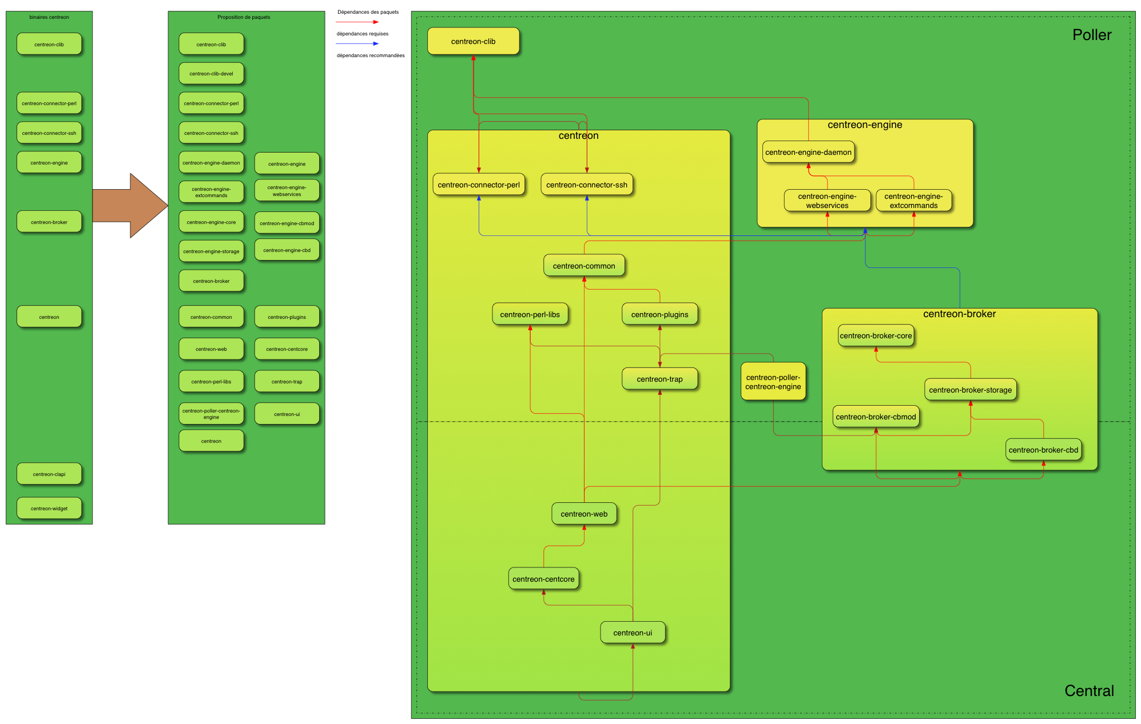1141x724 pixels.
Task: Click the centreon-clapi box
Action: tap(49, 474)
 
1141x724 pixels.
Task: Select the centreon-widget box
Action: tap(49, 508)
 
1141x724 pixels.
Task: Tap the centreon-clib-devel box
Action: tap(211, 74)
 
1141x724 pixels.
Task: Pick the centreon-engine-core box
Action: tap(211, 222)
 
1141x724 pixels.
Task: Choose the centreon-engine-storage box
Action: tap(211, 251)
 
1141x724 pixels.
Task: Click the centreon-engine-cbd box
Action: tap(287, 250)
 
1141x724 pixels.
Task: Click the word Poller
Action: tap(1091, 35)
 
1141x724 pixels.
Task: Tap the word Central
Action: tap(1088, 691)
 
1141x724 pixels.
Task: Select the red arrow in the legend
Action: tap(357, 22)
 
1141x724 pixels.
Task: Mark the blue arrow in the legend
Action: tap(357, 43)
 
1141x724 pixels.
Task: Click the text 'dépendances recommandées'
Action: tap(371, 55)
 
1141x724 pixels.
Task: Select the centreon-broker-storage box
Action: tap(970, 390)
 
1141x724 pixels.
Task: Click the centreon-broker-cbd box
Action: tap(1043, 450)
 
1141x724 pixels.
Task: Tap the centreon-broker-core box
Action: tap(876, 335)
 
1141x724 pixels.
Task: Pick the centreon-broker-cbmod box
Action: tap(876, 417)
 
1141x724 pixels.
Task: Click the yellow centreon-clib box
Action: tap(473, 41)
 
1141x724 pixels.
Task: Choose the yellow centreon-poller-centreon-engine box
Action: tap(773, 382)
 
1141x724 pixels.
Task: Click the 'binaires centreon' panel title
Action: tap(49, 17)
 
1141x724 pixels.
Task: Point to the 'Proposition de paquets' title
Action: tap(244, 17)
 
